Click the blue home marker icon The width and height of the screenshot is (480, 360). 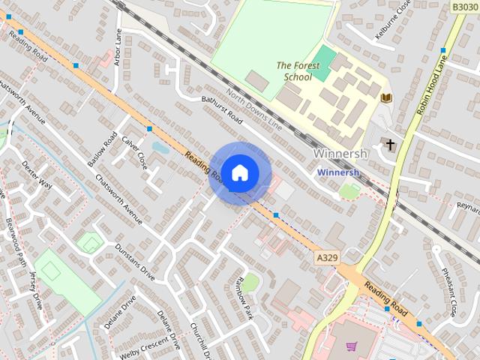tap(239, 172)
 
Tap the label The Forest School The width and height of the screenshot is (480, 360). tap(294, 71)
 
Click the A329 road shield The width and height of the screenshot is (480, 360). tap(326, 257)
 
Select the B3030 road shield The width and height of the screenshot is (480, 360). tap(464, 6)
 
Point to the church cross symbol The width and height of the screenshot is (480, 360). tap(390, 142)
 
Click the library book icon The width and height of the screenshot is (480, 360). tap(386, 98)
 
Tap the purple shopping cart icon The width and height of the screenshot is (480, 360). tap(351, 346)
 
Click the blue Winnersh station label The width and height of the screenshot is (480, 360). tap(338, 172)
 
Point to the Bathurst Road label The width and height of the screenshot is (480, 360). tap(223, 109)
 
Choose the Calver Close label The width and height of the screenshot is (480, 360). tap(134, 148)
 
